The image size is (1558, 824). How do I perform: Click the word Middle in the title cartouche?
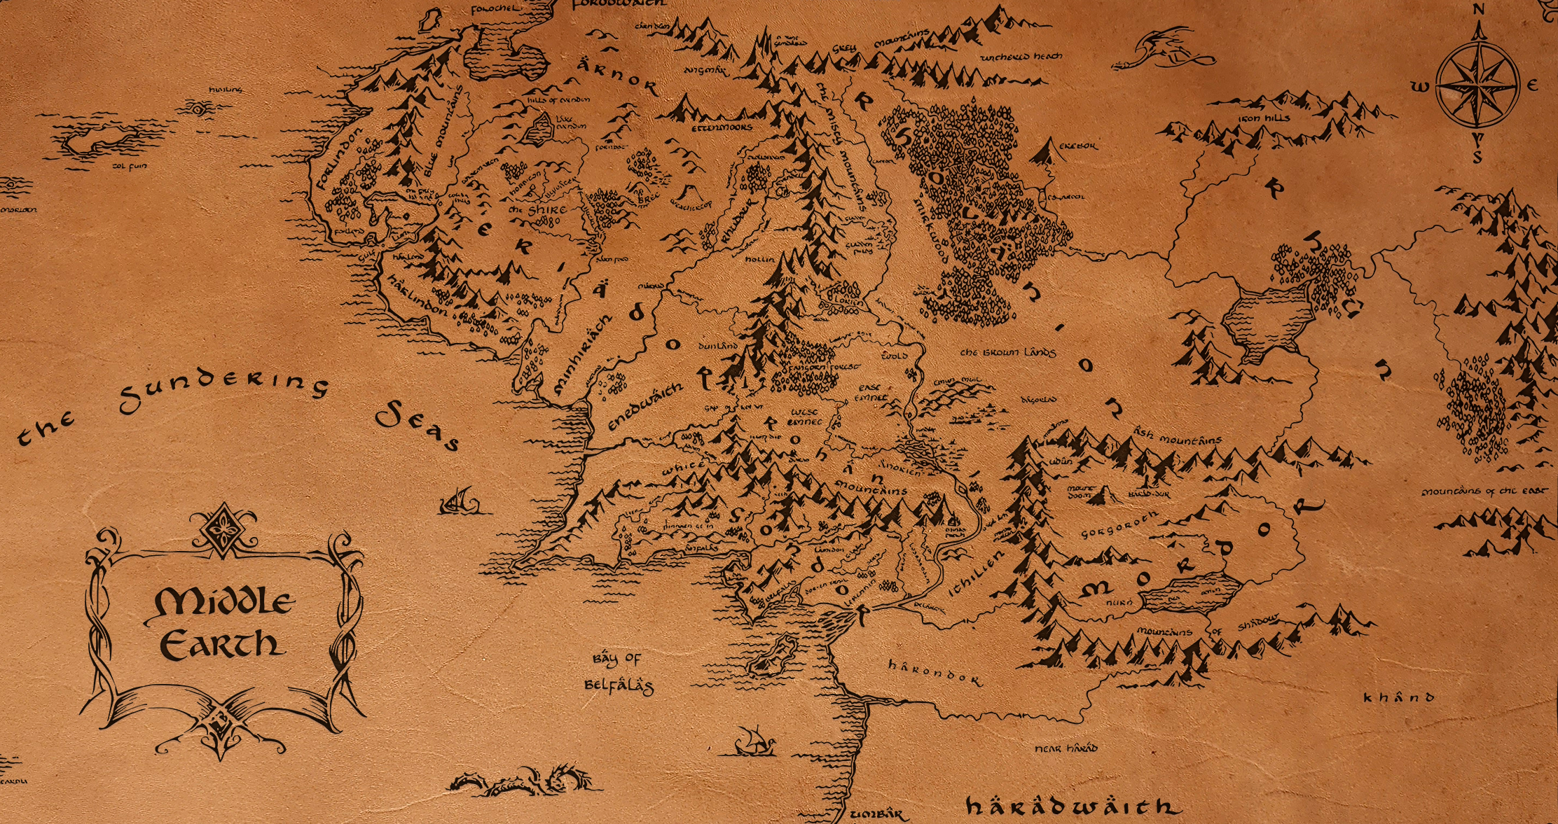click(x=222, y=602)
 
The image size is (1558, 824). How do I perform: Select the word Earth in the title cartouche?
click(x=222, y=644)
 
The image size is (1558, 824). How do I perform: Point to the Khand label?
click(x=1398, y=697)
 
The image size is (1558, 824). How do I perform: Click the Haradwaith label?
click(x=1072, y=806)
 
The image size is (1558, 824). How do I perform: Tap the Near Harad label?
click(x=1066, y=748)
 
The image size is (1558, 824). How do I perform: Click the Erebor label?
click(x=1078, y=146)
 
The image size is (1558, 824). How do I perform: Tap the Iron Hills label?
click(x=1264, y=118)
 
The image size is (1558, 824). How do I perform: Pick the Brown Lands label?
click(x=1007, y=352)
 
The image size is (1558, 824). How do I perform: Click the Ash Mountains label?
click(x=1178, y=438)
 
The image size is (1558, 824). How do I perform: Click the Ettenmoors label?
click(x=722, y=127)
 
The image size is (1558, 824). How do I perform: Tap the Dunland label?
click(x=718, y=346)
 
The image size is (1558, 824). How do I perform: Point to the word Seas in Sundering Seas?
click(x=418, y=424)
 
